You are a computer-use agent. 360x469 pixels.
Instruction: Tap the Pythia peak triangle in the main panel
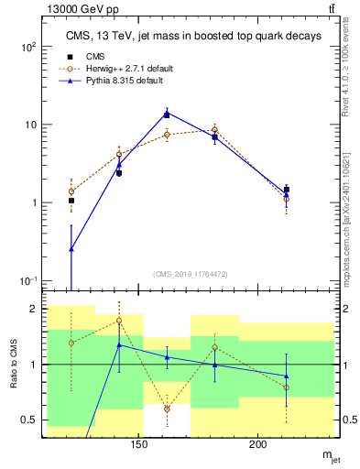tap(167, 114)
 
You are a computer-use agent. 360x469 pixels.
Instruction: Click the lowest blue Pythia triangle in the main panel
tap(71, 248)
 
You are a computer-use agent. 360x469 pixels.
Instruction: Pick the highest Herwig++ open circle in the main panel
tap(214, 130)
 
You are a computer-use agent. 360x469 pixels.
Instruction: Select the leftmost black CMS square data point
tap(71, 201)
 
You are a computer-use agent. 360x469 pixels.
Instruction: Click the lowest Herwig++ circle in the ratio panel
tap(167, 409)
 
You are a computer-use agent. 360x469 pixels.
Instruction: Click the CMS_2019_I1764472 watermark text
tap(190, 273)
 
